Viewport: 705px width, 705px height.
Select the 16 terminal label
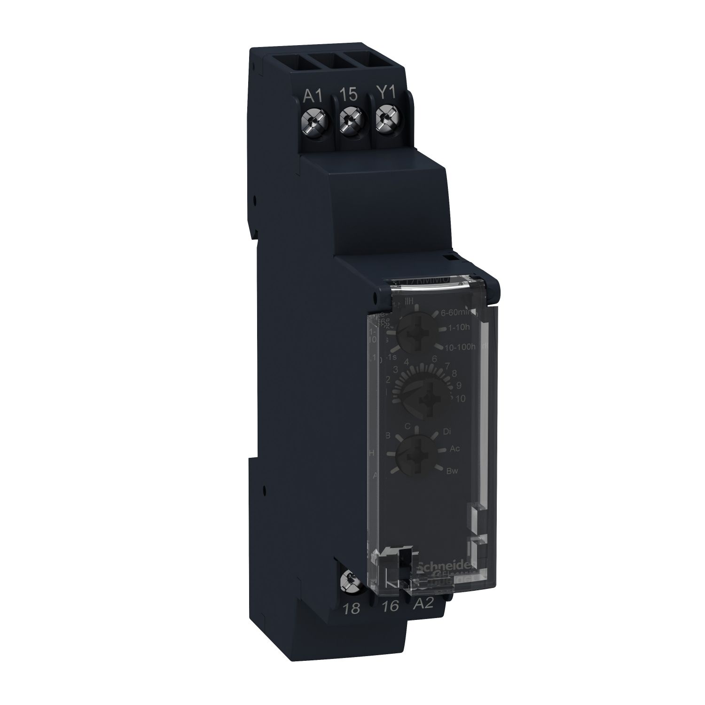pyautogui.click(x=391, y=606)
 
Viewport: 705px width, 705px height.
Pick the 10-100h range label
pyautogui.click(x=461, y=347)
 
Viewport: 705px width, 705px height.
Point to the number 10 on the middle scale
pyautogui.click(x=460, y=399)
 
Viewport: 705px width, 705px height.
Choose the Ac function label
pyautogui.click(x=454, y=448)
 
